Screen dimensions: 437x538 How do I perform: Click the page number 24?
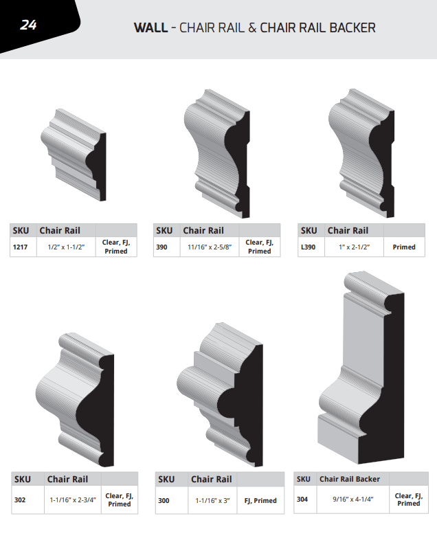(x=28, y=25)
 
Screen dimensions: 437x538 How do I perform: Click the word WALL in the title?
(x=150, y=27)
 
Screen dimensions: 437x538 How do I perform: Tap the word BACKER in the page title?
(x=352, y=27)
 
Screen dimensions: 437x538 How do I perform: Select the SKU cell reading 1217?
(x=20, y=247)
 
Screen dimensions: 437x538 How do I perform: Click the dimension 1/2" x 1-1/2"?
(x=66, y=247)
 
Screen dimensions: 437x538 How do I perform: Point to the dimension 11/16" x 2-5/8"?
(x=210, y=247)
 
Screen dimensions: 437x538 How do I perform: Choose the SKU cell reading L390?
(x=308, y=247)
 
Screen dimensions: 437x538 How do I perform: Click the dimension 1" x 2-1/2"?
(x=354, y=247)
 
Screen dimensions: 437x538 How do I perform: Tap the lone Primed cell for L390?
(x=404, y=247)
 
